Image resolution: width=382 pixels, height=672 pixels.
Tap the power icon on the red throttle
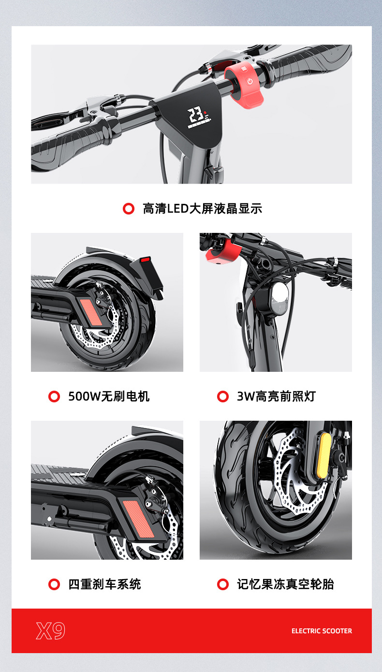tap(250, 81)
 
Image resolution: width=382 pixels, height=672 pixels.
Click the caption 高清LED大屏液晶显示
tap(202, 209)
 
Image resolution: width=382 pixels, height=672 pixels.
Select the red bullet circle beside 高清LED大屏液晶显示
tap(128, 209)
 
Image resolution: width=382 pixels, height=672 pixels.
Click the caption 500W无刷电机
tap(109, 397)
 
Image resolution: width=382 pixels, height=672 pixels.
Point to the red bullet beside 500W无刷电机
tap(54, 397)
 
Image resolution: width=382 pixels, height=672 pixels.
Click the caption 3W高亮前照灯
tap(276, 397)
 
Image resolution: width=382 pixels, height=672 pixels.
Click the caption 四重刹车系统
tap(104, 584)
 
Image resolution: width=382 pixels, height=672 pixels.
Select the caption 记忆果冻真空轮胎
tap(285, 584)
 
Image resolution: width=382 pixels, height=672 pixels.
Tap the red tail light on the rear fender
tap(145, 260)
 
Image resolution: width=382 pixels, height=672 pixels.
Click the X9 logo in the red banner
tap(50, 631)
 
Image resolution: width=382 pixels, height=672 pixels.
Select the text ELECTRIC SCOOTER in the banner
tap(322, 631)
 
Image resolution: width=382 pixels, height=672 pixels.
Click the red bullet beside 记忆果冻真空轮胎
tap(223, 584)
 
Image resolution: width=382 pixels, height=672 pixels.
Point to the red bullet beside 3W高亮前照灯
tap(223, 397)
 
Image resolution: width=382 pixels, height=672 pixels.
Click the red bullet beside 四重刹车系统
tap(54, 584)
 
